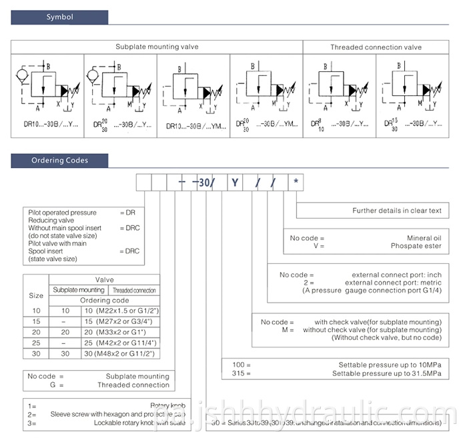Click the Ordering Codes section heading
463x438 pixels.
pyautogui.click(x=59, y=160)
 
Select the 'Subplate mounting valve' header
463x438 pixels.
pyautogui.click(x=157, y=47)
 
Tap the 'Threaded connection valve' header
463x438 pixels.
pyautogui.click(x=376, y=47)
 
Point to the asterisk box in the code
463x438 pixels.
pyautogui.click(x=297, y=181)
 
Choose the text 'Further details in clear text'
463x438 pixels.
pyautogui.click(x=397, y=211)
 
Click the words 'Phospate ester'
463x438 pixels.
pyautogui.click(x=416, y=245)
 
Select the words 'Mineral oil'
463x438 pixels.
pyautogui.click(x=424, y=237)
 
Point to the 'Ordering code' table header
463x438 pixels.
pyautogui.click(x=104, y=300)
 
